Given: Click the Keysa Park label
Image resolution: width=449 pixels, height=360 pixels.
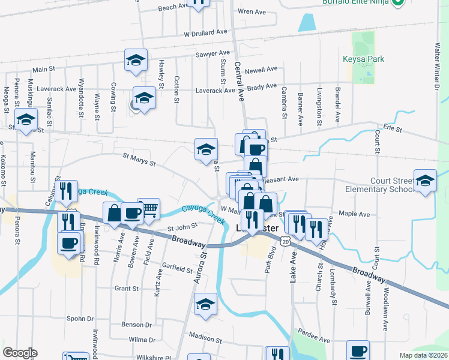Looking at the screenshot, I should [363, 59].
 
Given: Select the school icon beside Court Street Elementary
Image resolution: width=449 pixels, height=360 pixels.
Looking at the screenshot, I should [425, 181].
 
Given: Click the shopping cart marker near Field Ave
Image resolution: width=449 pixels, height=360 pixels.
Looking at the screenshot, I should [148, 209].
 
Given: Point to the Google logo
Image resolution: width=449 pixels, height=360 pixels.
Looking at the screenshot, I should [20, 353].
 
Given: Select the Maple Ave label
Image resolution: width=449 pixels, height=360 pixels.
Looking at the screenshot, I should [354, 214].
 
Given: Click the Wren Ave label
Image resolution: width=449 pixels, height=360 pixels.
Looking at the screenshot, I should [252, 11].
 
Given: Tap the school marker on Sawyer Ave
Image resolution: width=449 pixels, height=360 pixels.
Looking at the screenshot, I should [136, 60].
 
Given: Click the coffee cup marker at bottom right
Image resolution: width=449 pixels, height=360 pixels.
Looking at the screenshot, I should [358, 350].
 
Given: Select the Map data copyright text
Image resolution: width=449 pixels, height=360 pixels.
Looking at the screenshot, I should [424, 355].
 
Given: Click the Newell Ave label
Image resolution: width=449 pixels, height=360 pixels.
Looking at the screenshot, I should [262, 70].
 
